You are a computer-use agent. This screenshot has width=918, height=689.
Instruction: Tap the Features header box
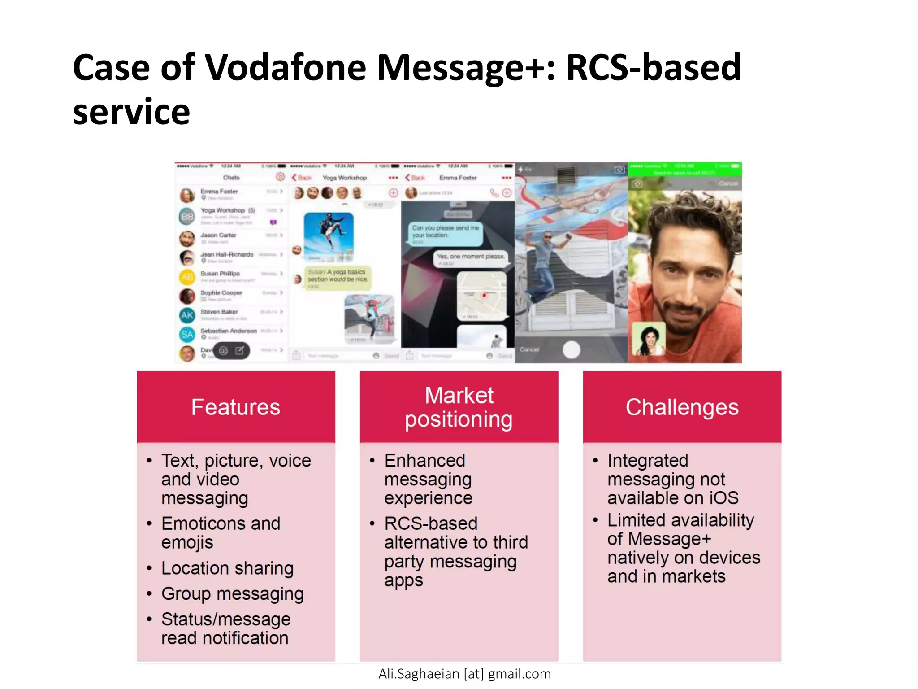(236, 407)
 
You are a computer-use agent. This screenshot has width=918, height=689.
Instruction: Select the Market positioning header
(459, 407)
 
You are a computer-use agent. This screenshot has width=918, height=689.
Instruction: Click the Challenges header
(682, 407)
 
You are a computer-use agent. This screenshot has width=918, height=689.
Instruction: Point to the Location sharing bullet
(227, 568)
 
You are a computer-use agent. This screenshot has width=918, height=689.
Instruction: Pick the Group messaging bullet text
(232, 594)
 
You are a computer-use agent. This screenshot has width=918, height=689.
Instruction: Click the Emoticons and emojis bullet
(221, 532)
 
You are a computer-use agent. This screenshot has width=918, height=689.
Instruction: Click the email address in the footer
(464, 674)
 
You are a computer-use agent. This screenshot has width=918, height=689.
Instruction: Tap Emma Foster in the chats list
(219, 192)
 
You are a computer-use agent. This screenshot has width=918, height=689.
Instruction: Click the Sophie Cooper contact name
(221, 292)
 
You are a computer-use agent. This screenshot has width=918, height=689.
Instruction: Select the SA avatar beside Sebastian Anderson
(187, 334)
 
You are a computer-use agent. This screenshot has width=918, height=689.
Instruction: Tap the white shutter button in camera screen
(571, 349)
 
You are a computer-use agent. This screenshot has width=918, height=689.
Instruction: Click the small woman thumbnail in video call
(648, 339)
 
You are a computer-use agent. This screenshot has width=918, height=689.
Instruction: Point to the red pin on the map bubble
(484, 295)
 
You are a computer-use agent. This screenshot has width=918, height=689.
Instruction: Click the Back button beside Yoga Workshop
(302, 178)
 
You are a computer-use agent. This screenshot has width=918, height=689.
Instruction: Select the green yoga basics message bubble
(337, 277)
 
